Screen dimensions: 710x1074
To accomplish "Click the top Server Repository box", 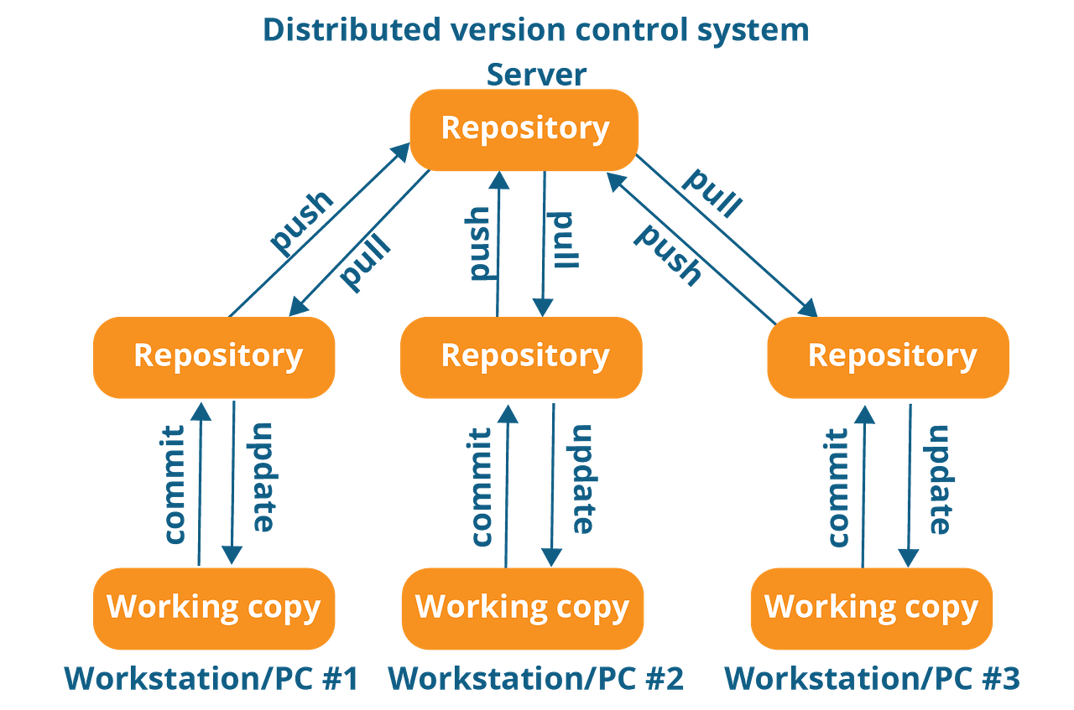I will point(524,129).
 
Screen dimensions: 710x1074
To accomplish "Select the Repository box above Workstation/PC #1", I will point(215,356).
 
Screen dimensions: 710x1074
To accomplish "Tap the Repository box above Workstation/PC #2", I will point(522,356).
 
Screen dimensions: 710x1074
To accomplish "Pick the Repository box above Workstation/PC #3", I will point(889,356).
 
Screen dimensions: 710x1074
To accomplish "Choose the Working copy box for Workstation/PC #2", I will point(522,608).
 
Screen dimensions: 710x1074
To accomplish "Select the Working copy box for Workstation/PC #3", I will point(871,608).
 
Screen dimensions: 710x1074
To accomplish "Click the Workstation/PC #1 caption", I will point(212,677).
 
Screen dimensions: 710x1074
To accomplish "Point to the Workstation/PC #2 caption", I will point(535,677).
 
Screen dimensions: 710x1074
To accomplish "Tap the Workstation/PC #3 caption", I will point(873,677).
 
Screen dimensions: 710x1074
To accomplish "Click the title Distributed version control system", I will point(536,29).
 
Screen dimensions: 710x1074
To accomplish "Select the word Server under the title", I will point(536,74).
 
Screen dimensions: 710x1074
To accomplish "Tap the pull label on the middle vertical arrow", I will point(564,239).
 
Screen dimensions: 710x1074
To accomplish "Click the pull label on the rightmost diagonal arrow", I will point(714,192).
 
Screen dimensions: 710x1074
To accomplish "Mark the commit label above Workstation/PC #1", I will point(175,486).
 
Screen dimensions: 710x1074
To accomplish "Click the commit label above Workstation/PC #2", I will point(481,486).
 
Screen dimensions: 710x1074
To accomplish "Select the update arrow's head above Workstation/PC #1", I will point(232,555).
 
